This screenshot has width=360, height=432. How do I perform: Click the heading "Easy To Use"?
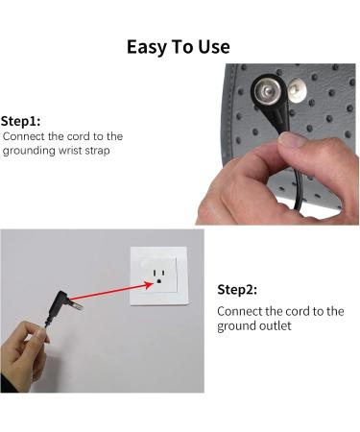[x=179, y=47]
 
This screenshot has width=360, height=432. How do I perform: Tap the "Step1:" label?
[x=21, y=121]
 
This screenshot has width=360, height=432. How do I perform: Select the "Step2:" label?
[x=237, y=290]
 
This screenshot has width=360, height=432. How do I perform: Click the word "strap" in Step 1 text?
[x=97, y=151]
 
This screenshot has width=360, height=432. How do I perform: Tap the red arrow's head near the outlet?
[x=148, y=284]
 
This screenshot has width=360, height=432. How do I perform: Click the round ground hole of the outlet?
[x=158, y=281]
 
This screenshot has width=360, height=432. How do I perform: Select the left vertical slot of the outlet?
[x=155, y=273]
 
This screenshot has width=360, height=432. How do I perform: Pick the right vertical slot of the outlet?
[x=163, y=273]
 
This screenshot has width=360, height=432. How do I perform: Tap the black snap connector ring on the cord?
[x=267, y=90]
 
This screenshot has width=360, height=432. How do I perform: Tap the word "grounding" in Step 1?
[x=29, y=151]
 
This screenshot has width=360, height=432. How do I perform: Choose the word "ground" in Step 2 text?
[x=233, y=326]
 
